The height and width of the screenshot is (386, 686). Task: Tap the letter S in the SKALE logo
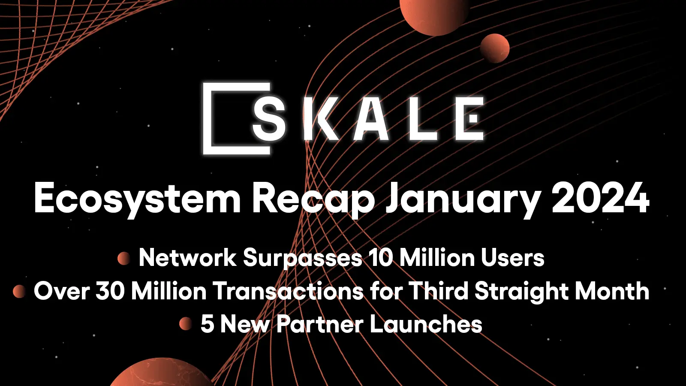(x=269, y=118)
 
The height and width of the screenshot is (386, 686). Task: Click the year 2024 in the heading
(x=600, y=198)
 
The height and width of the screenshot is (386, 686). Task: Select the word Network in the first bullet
(x=187, y=258)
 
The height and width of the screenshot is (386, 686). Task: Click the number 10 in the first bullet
(x=381, y=258)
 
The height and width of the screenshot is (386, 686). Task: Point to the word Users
(x=512, y=258)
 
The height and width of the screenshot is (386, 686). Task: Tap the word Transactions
(x=288, y=291)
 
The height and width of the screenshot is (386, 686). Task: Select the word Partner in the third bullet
(x=320, y=324)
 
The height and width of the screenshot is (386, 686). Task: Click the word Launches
(x=426, y=324)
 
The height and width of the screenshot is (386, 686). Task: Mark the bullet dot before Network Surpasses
(x=123, y=258)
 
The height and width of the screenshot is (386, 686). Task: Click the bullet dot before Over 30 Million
(x=19, y=291)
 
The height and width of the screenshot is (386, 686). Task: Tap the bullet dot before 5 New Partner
(x=185, y=323)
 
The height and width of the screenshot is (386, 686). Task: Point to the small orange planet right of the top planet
(x=495, y=48)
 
